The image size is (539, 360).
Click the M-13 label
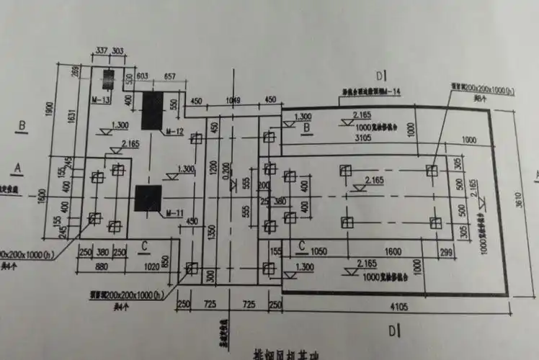click(x=101, y=99)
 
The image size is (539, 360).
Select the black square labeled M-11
click(x=148, y=199)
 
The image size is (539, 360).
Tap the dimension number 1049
click(x=233, y=99)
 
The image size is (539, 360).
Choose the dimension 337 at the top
click(x=99, y=50)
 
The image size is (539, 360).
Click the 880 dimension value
click(x=103, y=264)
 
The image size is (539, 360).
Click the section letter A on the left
click(x=18, y=167)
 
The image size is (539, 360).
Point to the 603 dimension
click(x=142, y=76)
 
